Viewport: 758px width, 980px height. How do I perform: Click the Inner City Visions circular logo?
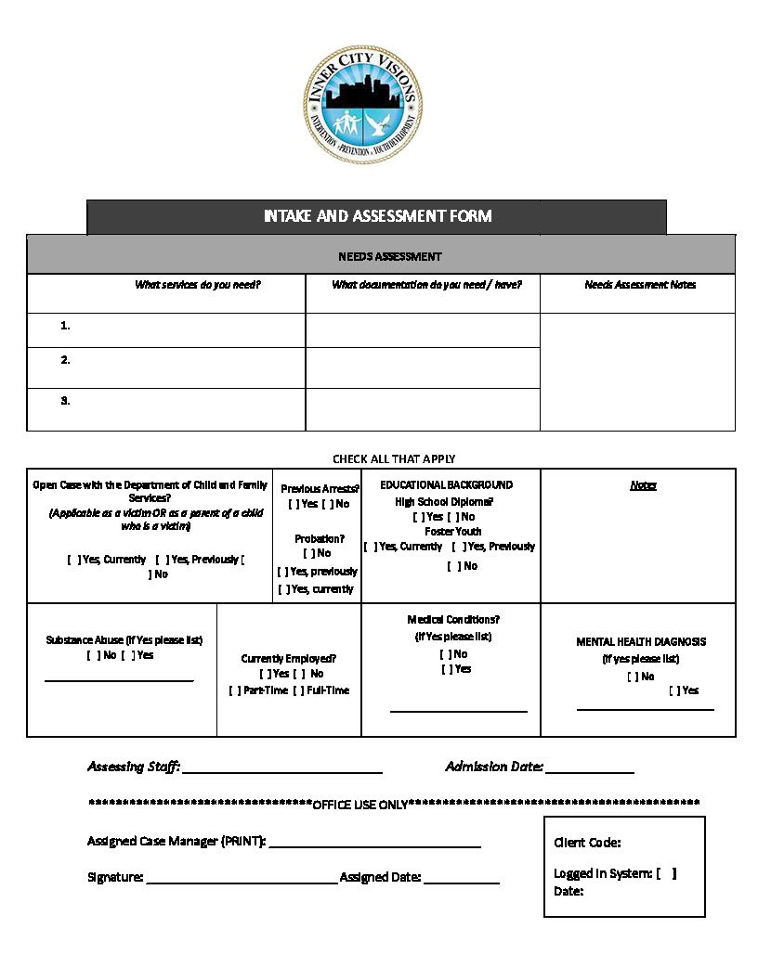363,104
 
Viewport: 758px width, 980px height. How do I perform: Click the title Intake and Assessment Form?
377,216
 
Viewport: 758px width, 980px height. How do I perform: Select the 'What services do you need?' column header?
197,285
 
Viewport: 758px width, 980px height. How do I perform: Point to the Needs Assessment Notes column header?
640,285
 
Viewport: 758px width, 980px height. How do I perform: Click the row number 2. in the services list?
66,360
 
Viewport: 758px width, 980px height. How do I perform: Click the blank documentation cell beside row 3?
423,409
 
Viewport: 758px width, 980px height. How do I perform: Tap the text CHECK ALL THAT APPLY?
394,458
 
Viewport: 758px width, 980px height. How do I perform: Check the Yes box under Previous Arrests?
294,504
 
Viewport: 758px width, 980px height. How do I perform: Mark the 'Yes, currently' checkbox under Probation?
284,589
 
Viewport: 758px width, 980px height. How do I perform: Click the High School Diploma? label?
444,501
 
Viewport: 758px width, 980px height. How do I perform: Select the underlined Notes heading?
643,485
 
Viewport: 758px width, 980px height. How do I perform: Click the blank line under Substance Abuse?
119,680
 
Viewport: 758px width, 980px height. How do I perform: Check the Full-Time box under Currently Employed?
298,690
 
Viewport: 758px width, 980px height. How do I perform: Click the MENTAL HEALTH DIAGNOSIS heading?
641,641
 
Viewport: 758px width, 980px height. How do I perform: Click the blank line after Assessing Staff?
282,771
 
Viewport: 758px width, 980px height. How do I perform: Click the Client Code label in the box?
587,843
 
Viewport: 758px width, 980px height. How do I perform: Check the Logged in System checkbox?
666,873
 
